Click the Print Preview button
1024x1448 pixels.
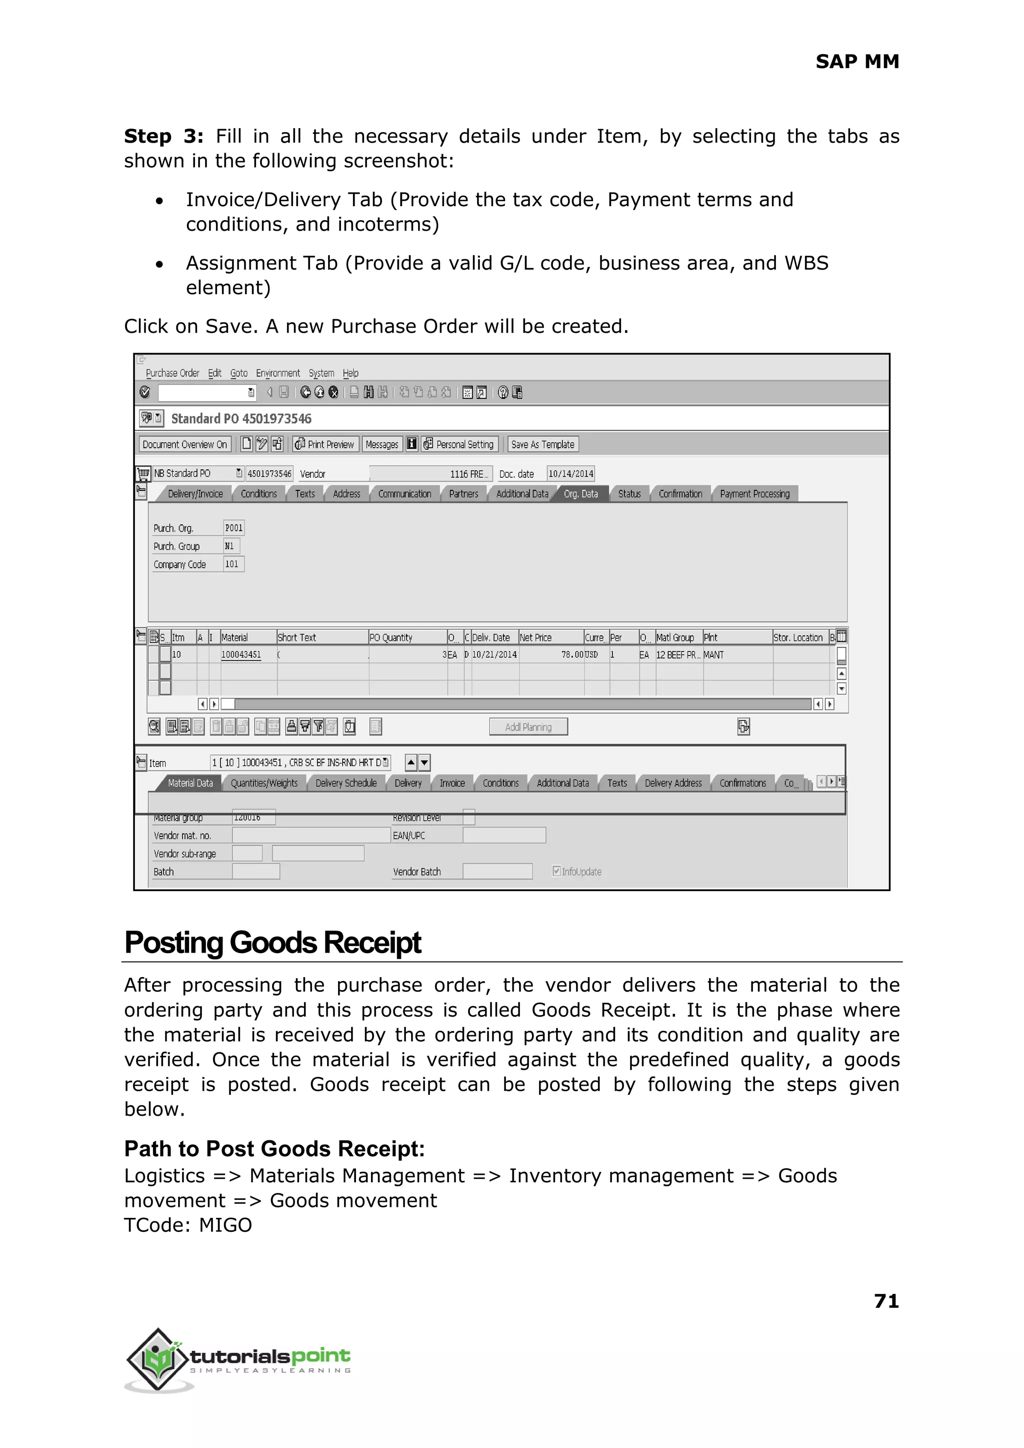click(325, 445)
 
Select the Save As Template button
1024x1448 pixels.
click(542, 445)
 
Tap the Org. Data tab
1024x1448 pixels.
click(580, 494)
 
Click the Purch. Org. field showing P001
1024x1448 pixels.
click(234, 528)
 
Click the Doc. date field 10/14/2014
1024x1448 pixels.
click(570, 474)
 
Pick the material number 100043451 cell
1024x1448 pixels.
click(241, 655)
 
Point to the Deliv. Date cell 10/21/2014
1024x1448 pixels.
click(494, 655)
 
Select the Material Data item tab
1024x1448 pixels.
click(190, 783)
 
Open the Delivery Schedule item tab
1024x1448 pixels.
click(345, 783)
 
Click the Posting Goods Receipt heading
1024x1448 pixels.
click(272, 943)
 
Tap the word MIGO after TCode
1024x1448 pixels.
click(225, 1225)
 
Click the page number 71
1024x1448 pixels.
click(886, 1301)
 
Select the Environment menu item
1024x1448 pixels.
click(277, 374)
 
